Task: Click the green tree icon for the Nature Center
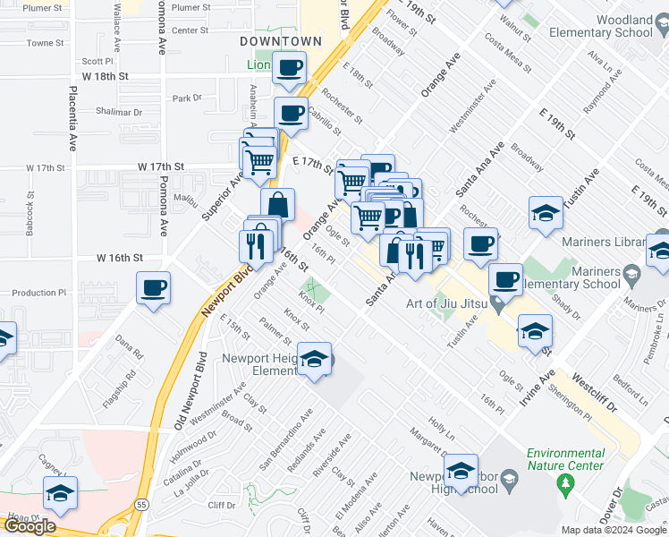pos(564,485)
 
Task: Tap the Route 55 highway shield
pos(141,506)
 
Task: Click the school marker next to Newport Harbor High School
pos(462,472)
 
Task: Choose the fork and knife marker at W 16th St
pos(257,244)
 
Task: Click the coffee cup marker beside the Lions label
pos(289,68)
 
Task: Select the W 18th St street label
pos(119,76)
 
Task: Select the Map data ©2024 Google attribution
pos(614,530)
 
